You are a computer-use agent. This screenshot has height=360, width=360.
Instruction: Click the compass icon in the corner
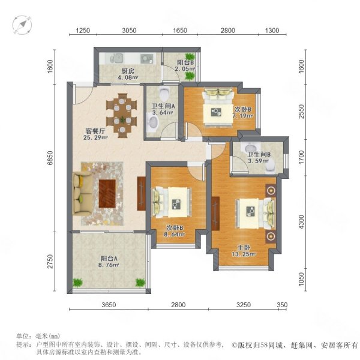coord(22,25)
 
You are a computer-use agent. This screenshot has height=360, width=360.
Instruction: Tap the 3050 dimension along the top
coord(129,31)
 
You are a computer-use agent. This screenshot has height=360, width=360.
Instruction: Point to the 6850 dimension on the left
coord(50,158)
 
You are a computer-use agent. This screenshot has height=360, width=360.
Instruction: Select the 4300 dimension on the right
coord(301,222)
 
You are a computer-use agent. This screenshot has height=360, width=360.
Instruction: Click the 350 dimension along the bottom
coord(282,305)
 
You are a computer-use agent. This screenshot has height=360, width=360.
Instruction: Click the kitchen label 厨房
coord(128,71)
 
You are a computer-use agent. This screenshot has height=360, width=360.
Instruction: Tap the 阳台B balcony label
coord(185,62)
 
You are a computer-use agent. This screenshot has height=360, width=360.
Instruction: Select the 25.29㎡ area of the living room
coord(95,138)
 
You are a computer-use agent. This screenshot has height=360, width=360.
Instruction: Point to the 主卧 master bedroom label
coord(244,248)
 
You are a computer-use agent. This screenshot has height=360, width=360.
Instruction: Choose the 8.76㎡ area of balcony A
coord(109,265)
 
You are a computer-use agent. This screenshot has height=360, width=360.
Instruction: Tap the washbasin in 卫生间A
coord(152,123)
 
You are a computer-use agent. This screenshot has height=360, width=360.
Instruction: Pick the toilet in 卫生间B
coord(270,166)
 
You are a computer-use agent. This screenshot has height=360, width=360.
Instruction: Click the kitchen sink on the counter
coord(118,58)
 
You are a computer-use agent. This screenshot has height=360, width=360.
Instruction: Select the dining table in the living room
coord(122,115)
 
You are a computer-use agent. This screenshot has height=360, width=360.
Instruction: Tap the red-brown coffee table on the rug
coord(107,194)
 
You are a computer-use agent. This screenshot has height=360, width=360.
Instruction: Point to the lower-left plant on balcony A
coord(78,282)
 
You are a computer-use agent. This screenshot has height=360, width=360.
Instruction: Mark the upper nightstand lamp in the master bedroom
coord(271,190)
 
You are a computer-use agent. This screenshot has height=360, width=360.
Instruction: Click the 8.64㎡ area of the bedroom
coord(175,235)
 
